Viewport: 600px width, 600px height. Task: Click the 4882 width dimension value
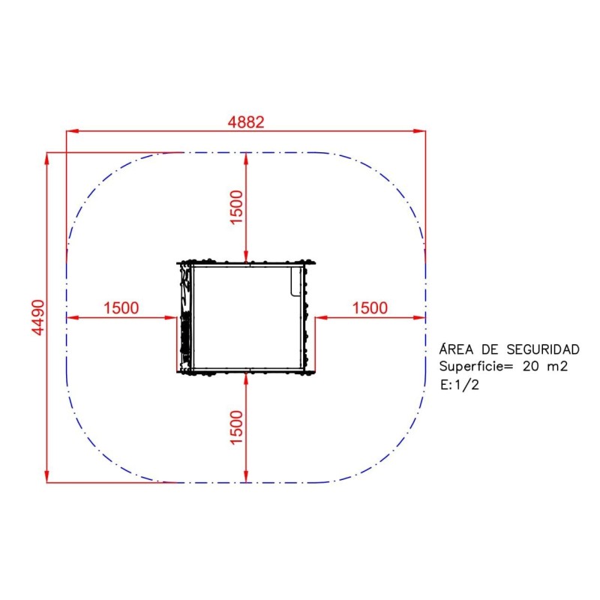(x=246, y=122)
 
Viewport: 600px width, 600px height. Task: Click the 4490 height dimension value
(x=38, y=317)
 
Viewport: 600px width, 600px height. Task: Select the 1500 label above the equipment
(x=237, y=207)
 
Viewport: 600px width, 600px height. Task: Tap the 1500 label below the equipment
(x=237, y=427)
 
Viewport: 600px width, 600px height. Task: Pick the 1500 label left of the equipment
(x=121, y=308)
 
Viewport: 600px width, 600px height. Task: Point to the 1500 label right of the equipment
(x=370, y=308)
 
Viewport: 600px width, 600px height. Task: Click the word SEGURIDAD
(x=543, y=349)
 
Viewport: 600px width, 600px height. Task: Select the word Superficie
(x=471, y=367)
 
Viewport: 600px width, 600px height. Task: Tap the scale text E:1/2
(x=460, y=385)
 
